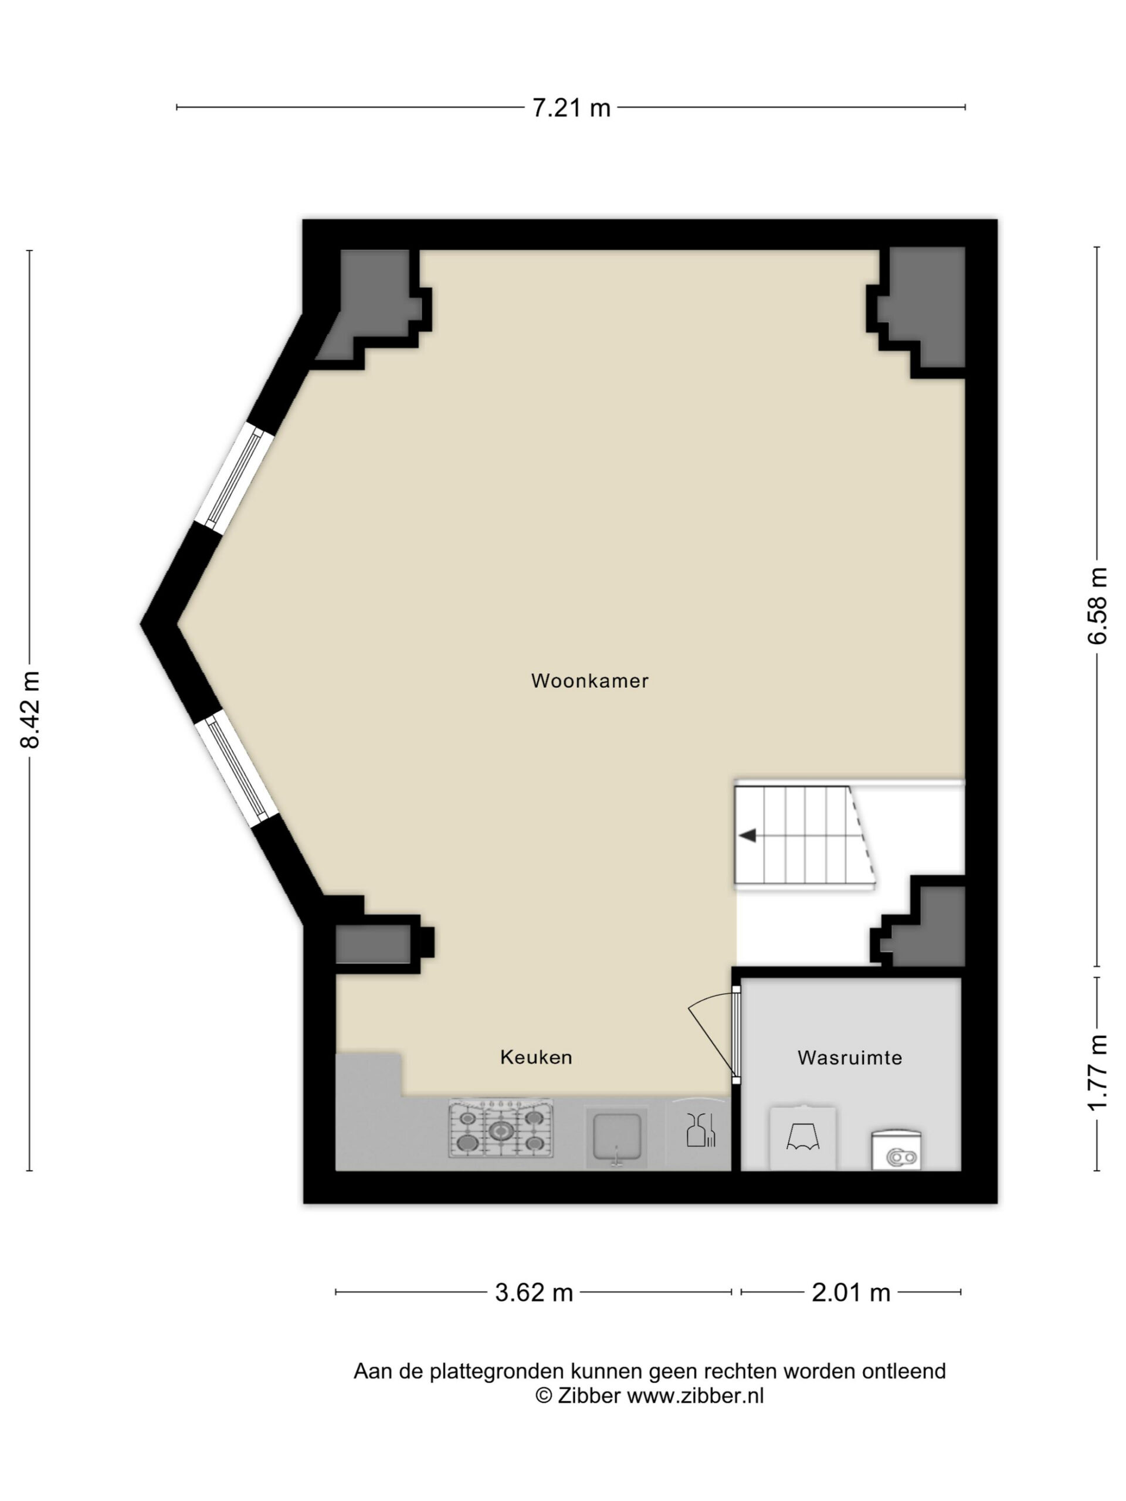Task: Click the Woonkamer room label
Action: [x=589, y=681]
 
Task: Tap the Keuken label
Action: [x=535, y=1057]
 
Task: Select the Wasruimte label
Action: [x=850, y=1057]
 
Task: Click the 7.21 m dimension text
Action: [x=571, y=108]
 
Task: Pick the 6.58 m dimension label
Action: [x=1097, y=605]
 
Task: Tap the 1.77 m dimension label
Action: [x=1097, y=1073]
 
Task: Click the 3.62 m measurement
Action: [x=534, y=1293]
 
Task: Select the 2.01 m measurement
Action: [x=851, y=1293]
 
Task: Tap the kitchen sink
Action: [x=616, y=1137]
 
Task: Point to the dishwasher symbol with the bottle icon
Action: [x=698, y=1130]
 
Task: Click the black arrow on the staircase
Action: [x=747, y=836]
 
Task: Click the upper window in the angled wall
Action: [x=233, y=480]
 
